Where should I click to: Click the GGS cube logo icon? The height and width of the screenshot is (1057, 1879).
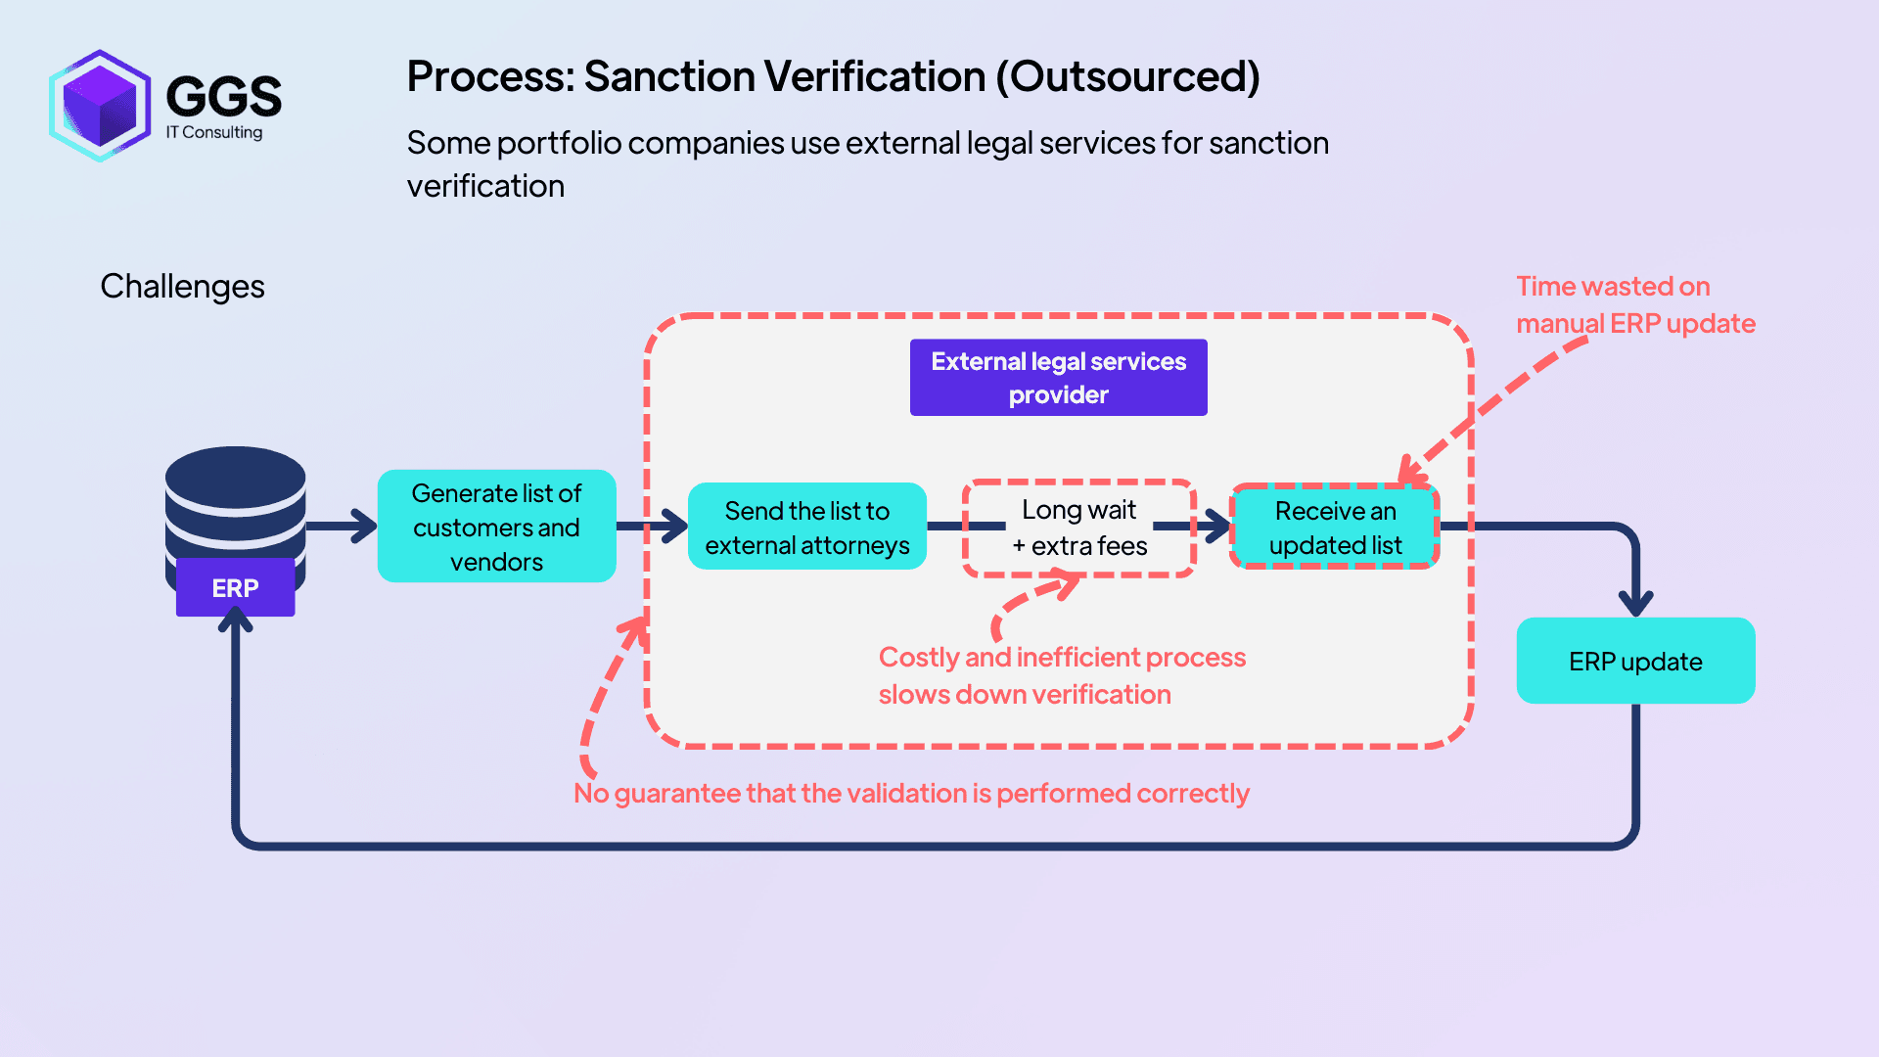(100, 106)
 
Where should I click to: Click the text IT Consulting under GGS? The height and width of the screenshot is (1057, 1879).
(214, 132)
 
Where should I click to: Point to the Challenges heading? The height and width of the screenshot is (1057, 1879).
(182, 287)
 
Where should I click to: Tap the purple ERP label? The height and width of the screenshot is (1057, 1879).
(235, 588)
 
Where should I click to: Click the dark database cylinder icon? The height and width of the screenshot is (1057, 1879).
(235, 499)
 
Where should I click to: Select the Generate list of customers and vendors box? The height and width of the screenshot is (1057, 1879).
(496, 527)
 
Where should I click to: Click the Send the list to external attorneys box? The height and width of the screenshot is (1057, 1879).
(806, 527)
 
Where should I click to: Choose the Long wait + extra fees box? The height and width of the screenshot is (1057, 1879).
(1078, 528)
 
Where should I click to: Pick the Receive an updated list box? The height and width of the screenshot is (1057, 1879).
(1335, 528)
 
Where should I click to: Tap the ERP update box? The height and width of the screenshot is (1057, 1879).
(1634, 662)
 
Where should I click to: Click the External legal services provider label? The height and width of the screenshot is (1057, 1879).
(1058, 378)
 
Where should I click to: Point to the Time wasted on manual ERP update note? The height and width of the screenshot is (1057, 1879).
(1634, 304)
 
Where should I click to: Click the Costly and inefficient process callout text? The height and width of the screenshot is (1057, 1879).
(1062, 675)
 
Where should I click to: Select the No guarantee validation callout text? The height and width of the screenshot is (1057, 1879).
(911, 793)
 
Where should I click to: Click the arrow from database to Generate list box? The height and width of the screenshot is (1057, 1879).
(343, 527)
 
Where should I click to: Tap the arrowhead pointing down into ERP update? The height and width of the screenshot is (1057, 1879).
(1635, 602)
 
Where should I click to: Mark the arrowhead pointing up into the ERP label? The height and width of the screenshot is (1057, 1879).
(236, 619)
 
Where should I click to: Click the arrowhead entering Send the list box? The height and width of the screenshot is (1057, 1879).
(674, 527)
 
